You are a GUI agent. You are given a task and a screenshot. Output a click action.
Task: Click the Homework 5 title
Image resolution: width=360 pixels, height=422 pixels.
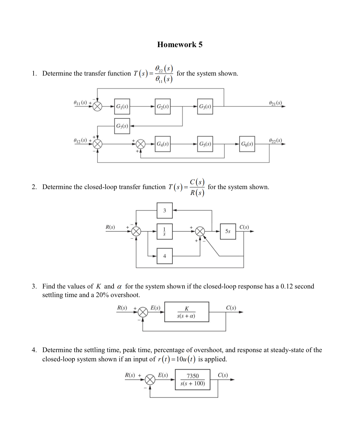pyautogui.click(x=180, y=45)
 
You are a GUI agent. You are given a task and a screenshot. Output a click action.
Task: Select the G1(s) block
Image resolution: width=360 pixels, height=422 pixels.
pyautogui.click(x=122, y=106)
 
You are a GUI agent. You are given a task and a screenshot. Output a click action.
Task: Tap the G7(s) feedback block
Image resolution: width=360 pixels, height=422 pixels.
pyautogui.click(x=122, y=126)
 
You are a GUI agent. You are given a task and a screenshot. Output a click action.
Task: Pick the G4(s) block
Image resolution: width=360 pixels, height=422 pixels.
pyautogui.click(x=163, y=144)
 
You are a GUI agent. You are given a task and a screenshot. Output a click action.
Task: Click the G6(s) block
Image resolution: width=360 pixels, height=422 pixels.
pyautogui.click(x=247, y=144)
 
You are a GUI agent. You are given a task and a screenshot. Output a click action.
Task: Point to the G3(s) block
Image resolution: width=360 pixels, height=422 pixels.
pyautogui.click(x=205, y=106)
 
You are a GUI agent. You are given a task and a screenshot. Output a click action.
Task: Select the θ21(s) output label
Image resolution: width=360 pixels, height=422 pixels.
pyautogui.click(x=275, y=102)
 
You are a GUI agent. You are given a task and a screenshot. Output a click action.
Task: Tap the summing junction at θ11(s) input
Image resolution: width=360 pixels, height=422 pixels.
pyautogui.click(x=97, y=106)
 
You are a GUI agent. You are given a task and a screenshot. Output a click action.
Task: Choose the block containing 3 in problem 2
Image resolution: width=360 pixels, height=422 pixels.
pyautogui.click(x=165, y=211)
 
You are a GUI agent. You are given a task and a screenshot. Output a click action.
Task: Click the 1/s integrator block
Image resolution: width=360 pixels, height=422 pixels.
pyautogui.click(x=165, y=231)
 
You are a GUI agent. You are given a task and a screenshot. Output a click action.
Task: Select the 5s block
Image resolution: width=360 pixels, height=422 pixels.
pyautogui.click(x=228, y=231)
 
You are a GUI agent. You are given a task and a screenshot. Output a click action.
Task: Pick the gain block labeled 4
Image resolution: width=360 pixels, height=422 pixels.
pyautogui.click(x=165, y=256)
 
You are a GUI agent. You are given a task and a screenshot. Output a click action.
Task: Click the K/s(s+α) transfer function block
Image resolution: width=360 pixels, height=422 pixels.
pyautogui.click(x=187, y=312)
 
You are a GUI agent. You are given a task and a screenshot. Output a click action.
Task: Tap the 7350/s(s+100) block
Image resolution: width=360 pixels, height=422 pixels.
pyautogui.click(x=193, y=380)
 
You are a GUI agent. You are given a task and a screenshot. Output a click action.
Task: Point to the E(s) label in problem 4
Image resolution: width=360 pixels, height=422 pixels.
pyautogui.click(x=163, y=375)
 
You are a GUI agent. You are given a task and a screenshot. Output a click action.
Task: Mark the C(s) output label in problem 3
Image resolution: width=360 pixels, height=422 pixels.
pyautogui.click(x=231, y=308)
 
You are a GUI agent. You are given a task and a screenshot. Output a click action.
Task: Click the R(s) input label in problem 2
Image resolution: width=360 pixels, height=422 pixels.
pyautogui.click(x=110, y=227)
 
